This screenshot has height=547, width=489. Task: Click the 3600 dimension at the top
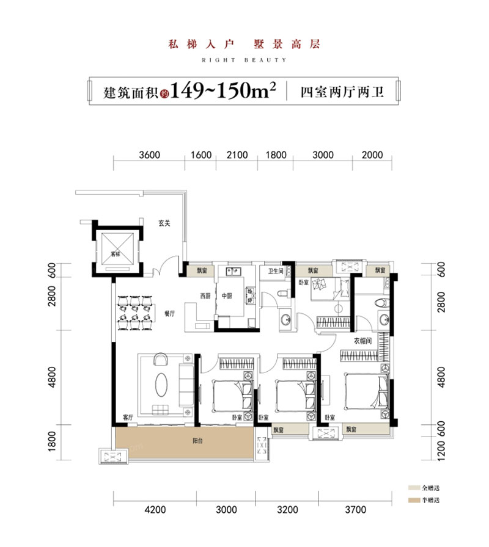click(x=149, y=155)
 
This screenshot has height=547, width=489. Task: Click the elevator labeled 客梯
click(x=116, y=252)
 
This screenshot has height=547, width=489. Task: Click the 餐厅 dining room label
click(x=169, y=313)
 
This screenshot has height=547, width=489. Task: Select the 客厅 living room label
click(x=128, y=418)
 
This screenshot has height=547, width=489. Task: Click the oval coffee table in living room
click(x=161, y=386)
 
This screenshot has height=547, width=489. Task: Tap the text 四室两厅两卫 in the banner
click(x=342, y=93)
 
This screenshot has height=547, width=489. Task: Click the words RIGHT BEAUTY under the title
click(x=244, y=60)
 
